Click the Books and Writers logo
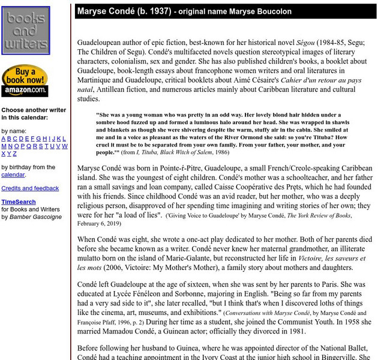point(25,30)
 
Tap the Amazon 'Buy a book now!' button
point(25,81)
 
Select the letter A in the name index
point(4,139)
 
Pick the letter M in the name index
point(4,146)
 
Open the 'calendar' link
point(13,175)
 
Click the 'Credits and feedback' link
point(30,188)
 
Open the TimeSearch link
point(19,203)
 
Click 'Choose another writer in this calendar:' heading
point(34,114)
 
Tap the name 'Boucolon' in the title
point(273,11)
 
